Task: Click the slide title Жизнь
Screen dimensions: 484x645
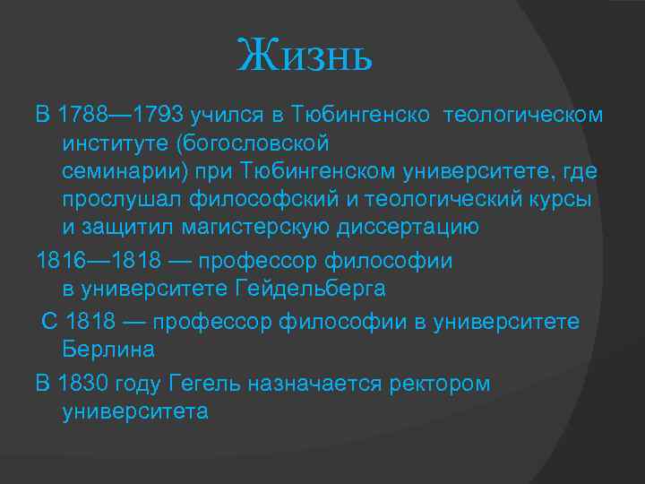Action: (304, 58)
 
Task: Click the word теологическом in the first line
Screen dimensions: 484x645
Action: (523, 116)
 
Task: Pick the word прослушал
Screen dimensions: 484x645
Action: (122, 199)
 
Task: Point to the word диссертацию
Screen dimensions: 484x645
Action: (408, 227)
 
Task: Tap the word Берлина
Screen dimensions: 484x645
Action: (109, 350)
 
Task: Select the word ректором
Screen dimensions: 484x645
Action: (440, 384)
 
